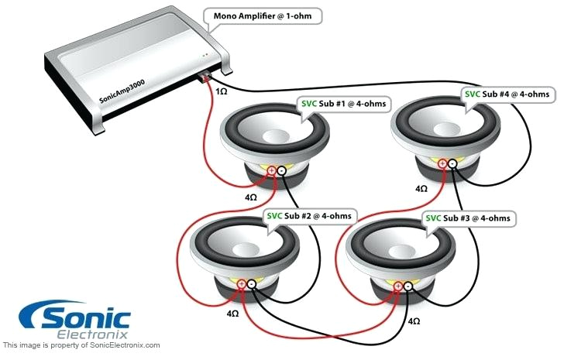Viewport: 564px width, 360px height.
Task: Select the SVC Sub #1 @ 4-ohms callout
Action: pos(343,104)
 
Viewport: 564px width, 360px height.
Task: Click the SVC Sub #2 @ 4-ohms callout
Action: pos(311,215)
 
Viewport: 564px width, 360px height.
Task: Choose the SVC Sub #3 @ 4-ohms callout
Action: pos(469,218)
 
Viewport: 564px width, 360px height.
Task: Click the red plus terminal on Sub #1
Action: pos(272,171)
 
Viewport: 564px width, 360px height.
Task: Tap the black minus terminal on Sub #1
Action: pos(282,171)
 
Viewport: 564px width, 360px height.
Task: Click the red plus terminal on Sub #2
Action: pos(242,285)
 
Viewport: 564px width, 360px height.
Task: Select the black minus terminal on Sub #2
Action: pos(252,285)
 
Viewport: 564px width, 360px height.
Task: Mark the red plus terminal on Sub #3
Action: pos(399,286)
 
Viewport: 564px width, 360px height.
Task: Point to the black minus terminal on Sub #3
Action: pos(409,286)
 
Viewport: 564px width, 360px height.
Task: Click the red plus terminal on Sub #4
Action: pos(442,163)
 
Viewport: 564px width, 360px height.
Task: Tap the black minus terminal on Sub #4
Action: pos(453,163)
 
